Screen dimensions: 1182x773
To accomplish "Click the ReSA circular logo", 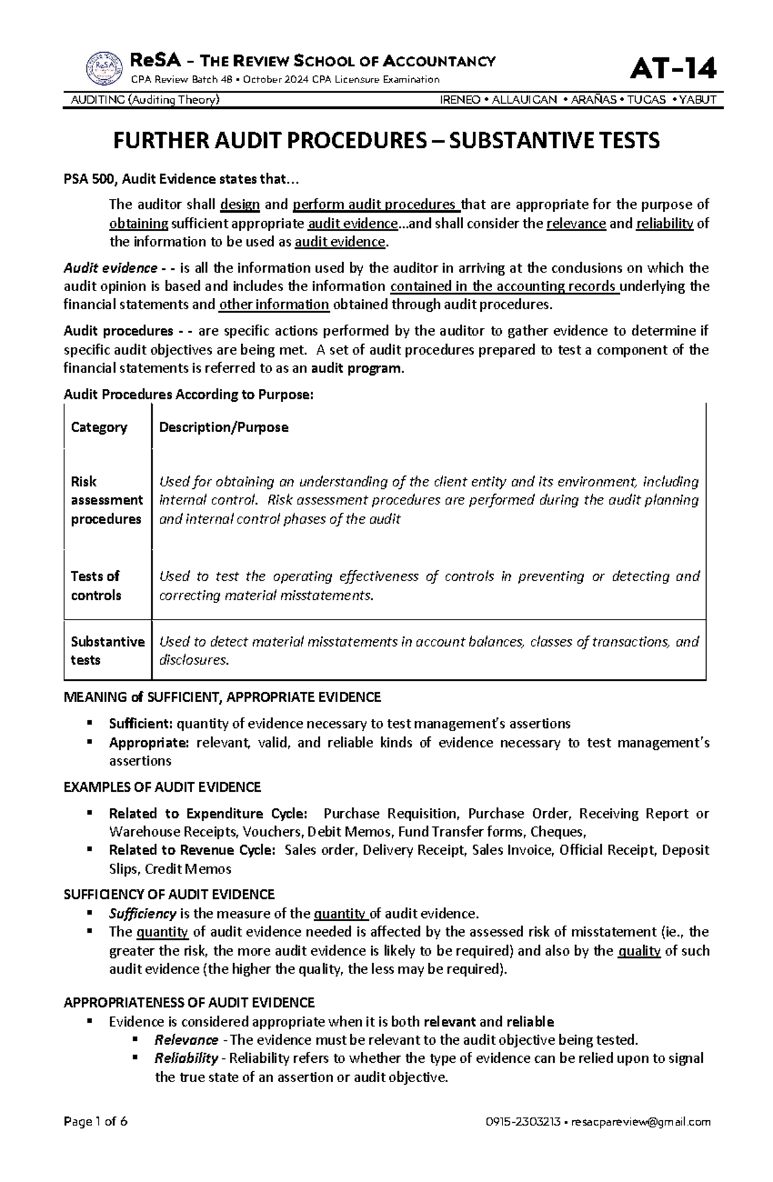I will click(x=104, y=68).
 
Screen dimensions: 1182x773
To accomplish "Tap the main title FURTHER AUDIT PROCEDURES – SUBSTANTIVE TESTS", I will click(x=386, y=140).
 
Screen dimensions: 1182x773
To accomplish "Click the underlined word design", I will click(x=240, y=205).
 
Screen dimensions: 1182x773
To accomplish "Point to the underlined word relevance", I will click(x=576, y=224).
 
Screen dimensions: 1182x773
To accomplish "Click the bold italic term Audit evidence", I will click(x=110, y=268).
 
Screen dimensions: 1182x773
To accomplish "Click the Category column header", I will click(x=99, y=427).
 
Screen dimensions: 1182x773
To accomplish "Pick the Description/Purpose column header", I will click(x=224, y=427).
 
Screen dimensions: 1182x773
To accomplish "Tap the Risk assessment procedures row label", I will click(x=106, y=500).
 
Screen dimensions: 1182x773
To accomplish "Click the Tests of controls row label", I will click(x=96, y=586).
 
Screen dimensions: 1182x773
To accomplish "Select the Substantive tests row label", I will click(x=107, y=651).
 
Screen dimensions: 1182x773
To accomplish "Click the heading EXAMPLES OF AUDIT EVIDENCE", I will click(x=162, y=787).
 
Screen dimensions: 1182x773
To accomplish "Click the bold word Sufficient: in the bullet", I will click(x=141, y=723).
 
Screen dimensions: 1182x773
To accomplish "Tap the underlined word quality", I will click(x=639, y=951).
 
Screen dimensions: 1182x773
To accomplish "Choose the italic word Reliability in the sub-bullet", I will click(x=186, y=1058).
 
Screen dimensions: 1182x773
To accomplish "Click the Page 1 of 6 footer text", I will click(x=95, y=1139).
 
